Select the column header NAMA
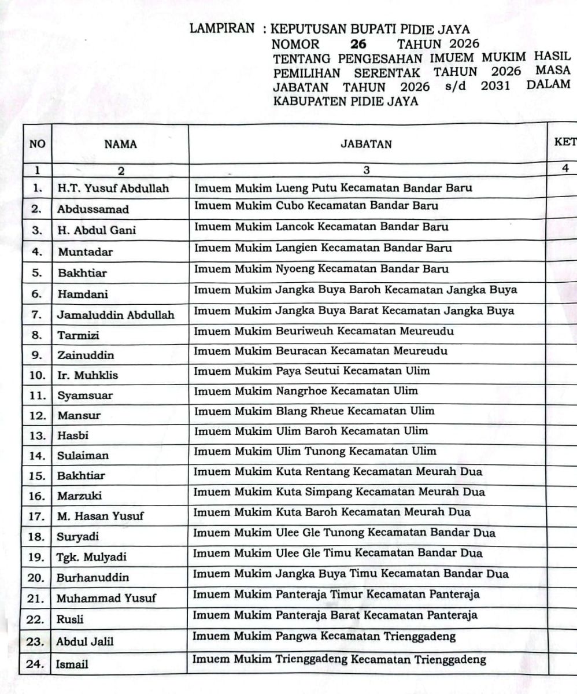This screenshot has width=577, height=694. (x=121, y=145)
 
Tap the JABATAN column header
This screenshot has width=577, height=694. (x=366, y=145)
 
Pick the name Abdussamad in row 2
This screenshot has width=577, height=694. (x=93, y=209)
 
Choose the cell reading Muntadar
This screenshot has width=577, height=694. (x=85, y=252)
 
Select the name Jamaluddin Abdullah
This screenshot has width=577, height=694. (x=116, y=315)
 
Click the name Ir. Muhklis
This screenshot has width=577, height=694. (x=87, y=375)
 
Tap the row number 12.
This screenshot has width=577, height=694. (x=38, y=415)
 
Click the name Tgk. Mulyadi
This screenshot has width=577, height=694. (x=91, y=558)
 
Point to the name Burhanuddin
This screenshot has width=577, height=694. (x=93, y=578)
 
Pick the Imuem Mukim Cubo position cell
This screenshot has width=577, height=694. (x=316, y=206)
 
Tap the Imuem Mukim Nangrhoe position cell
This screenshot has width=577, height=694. (x=305, y=391)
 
